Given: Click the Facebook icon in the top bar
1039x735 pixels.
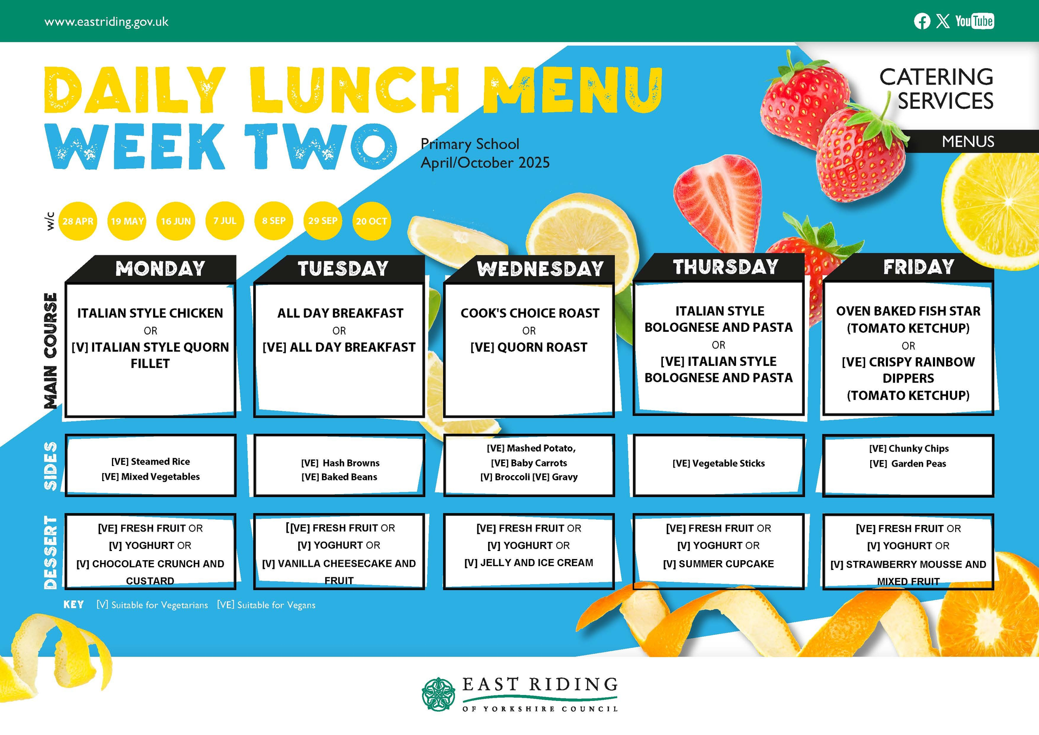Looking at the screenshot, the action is point(922,21).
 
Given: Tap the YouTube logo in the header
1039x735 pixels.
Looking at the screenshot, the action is point(974,21).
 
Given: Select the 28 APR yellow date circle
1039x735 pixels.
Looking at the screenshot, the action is point(78,221).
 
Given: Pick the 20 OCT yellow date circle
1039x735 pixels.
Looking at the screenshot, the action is point(371,221).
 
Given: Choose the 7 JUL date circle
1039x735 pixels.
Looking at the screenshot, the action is point(225,221).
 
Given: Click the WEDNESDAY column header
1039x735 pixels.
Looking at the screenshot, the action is point(540,269).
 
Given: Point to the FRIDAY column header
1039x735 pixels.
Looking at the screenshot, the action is point(918,267).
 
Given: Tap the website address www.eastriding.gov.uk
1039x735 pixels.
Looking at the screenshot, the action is point(107,22).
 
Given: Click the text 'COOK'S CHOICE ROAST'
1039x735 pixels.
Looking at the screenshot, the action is point(530,313).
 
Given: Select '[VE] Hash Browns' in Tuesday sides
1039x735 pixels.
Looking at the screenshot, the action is point(340,463).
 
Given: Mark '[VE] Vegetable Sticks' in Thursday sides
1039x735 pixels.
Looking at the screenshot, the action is point(719,463).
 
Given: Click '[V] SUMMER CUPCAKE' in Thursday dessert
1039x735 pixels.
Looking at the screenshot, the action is point(719,564).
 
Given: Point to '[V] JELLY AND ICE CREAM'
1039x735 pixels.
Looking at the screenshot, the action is point(529,563).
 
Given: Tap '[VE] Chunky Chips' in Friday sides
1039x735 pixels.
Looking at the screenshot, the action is point(909,449).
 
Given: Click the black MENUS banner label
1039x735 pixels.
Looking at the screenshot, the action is point(968,142).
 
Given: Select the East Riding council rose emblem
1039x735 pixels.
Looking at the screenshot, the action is point(438,694).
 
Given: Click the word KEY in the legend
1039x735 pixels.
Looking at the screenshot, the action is point(74,605).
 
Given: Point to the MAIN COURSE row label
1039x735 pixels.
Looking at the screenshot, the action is point(50,351).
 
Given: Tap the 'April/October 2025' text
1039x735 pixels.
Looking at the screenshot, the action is point(485,163).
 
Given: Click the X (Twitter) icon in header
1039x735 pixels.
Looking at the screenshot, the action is point(943,21).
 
